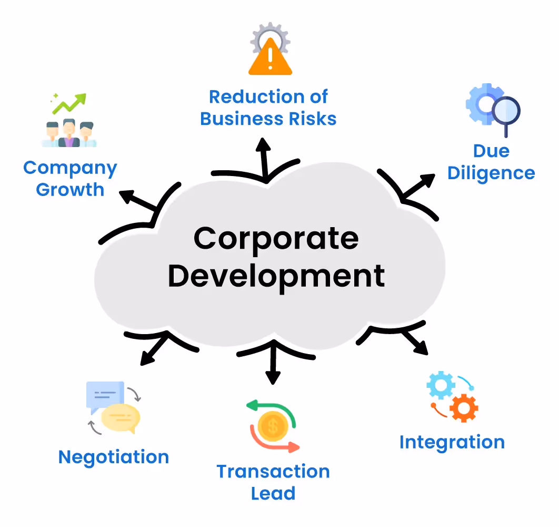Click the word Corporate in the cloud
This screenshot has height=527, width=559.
(276, 239)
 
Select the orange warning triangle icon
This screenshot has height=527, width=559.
(269, 61)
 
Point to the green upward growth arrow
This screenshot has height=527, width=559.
(71, 103)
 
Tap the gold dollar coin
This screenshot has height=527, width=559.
(272, 426)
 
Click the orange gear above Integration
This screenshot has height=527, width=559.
(463, 407)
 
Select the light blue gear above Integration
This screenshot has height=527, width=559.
(440, 385)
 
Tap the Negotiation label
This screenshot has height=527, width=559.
(114, 457)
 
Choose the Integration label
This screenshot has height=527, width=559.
(452, 442)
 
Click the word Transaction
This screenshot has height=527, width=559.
(273, 471)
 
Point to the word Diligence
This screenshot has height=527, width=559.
(491, 173)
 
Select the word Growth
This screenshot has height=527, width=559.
(70, 190)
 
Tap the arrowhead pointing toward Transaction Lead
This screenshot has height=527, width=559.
(273, 378)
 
